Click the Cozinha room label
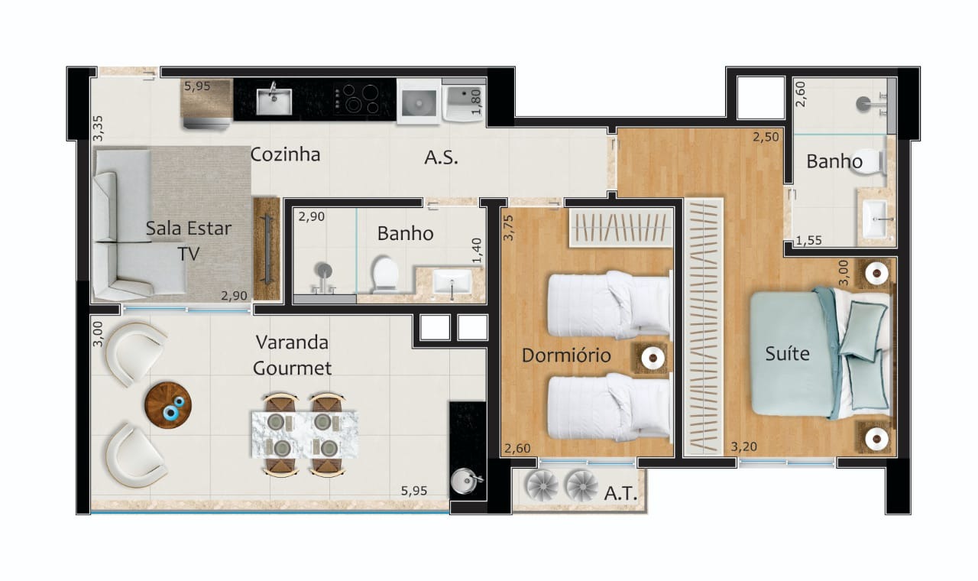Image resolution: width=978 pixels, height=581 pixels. click(285, 155)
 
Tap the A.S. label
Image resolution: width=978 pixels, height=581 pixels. click(442, 158)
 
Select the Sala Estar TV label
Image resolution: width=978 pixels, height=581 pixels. click(188, 241)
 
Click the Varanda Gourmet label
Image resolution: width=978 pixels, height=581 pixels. click(293, 355)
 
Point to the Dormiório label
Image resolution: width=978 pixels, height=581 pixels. click(566, 355)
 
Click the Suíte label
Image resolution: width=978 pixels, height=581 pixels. click(787, 354)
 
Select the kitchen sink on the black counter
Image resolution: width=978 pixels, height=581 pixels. click(273, 100)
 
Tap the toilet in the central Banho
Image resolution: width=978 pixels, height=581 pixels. click(384, 274)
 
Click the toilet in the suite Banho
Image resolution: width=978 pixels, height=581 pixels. click(873, 161)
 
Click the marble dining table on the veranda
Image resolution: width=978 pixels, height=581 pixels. click(304, 434)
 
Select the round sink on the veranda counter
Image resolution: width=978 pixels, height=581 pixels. click(463, 481)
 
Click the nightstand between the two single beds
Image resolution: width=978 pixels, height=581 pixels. click(651, 357)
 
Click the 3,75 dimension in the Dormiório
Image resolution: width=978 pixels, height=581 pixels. click(508, 227)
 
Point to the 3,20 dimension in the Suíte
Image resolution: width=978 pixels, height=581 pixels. click(744, 446)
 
